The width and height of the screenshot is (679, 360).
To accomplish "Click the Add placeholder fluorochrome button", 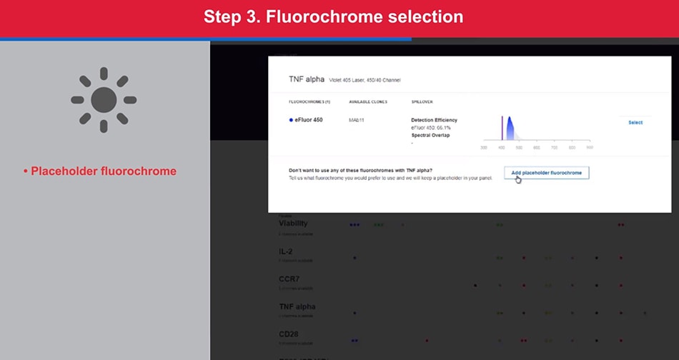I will (546, 173).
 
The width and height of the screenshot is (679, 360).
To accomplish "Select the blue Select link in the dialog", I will (635, 123).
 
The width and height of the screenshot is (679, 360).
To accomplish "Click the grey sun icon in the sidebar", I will (104, 100).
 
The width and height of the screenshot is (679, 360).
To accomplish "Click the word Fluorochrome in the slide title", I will (314, 17).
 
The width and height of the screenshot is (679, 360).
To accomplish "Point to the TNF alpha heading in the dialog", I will (305, 79).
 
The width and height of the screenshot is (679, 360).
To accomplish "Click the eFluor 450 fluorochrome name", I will (308, 120).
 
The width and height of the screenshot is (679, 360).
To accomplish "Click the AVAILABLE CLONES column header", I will (367, 102).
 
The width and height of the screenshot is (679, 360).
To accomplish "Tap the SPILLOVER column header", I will (422, 102).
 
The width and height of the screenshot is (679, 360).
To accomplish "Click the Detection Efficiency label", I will (434, 119).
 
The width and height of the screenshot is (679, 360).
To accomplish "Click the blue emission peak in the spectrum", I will (510, 129).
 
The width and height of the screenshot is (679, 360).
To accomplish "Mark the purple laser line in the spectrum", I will (502, 129).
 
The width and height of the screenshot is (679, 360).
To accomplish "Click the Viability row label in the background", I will (293, 224).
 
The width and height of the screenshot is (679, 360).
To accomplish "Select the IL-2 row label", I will (286, 252).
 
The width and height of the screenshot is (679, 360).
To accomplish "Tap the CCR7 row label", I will (289, 279).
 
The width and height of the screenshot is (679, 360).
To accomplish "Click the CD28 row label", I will (289, 334).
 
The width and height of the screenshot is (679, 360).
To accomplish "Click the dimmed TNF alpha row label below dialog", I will (297, 306).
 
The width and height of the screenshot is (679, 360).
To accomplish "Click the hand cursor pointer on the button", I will (518, 179).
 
